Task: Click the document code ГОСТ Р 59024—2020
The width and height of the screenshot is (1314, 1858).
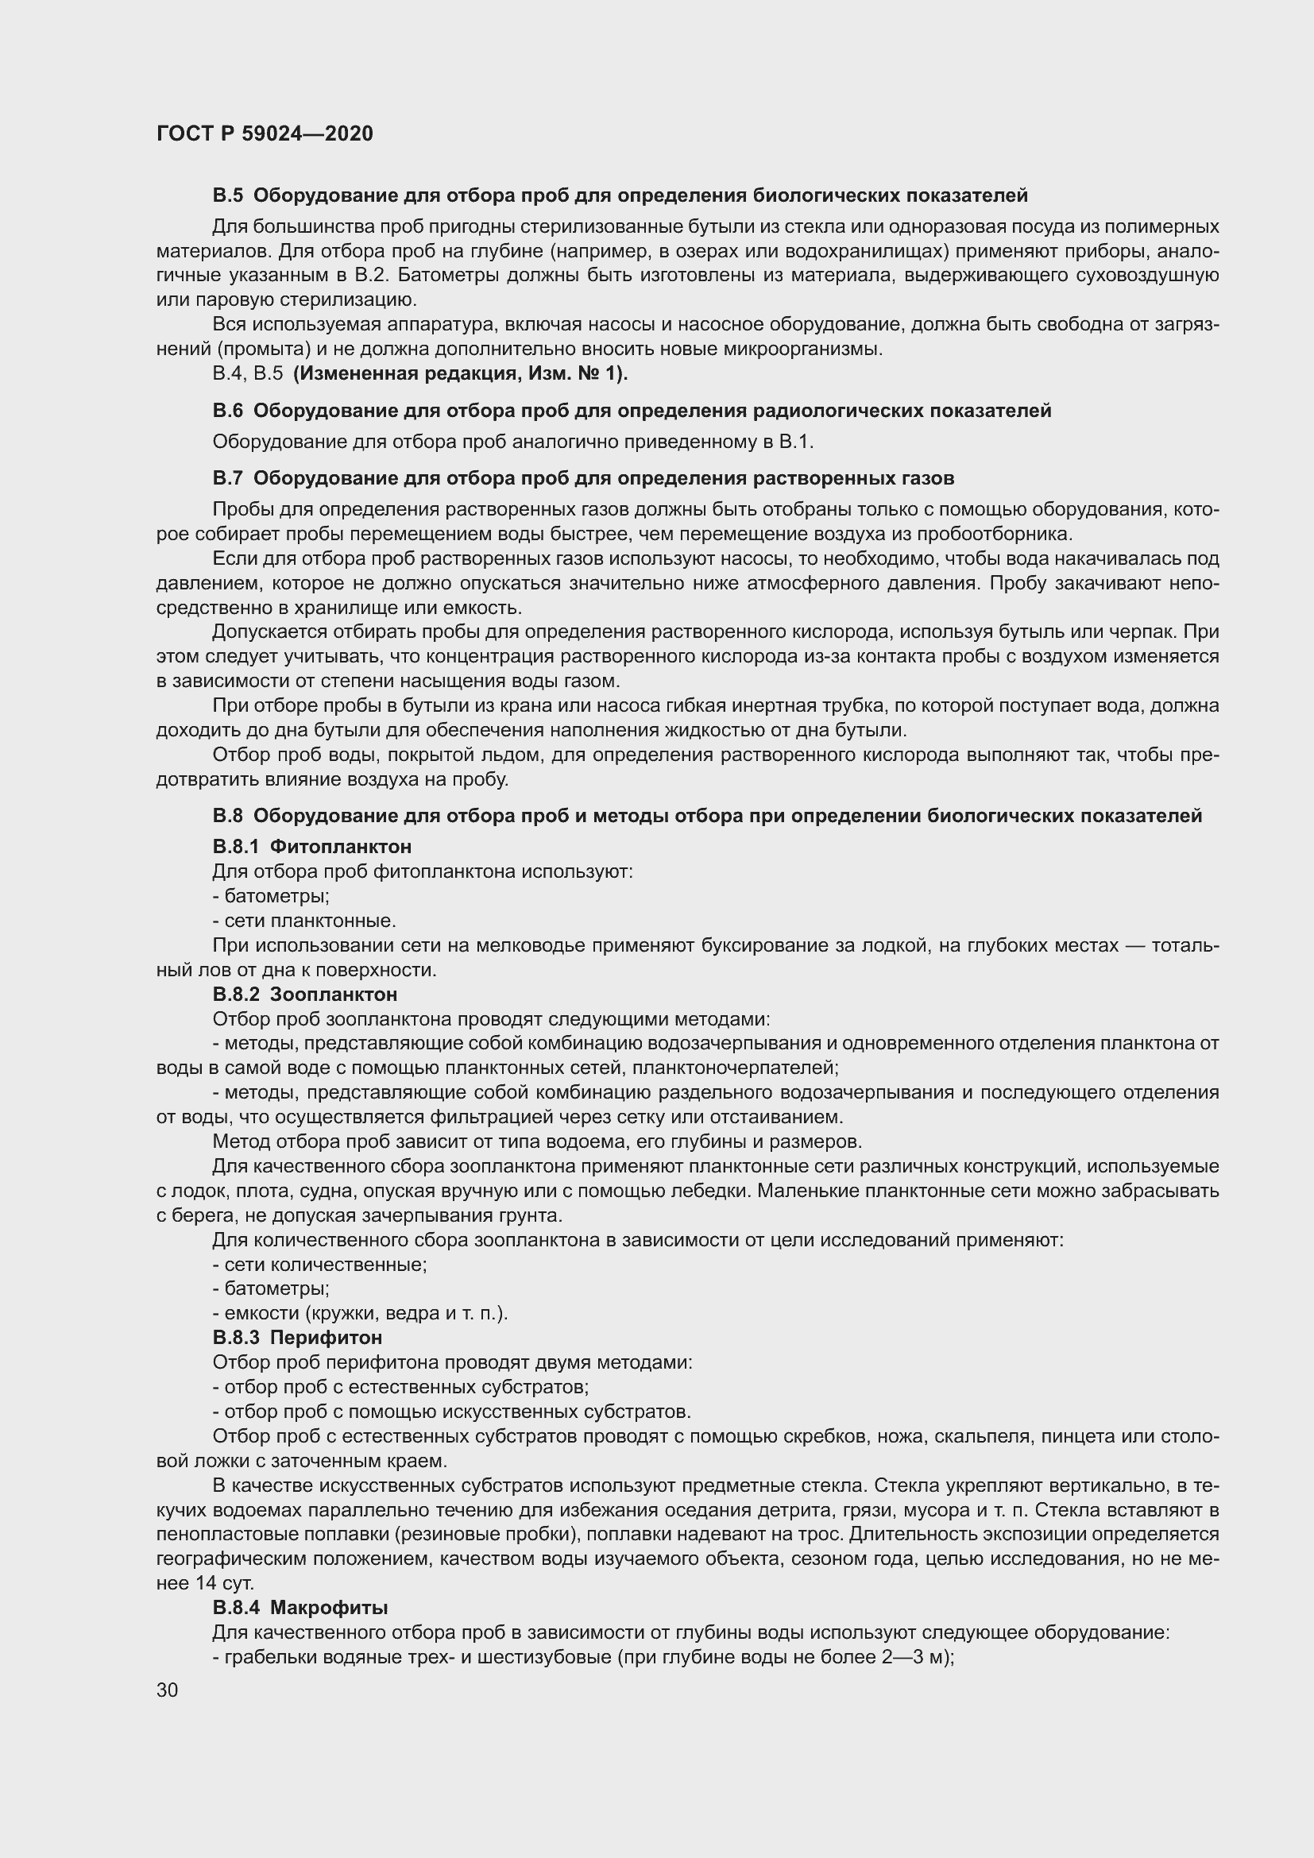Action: pyautogui.click(x=265, y=133)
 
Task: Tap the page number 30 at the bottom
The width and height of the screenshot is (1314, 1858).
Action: pyautogui.click(x=168, y=1690)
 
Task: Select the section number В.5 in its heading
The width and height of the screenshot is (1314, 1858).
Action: pyautogui.click(x=227, y=195)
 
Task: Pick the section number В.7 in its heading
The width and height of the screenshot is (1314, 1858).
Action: pyautogui.click(x=227, y=478)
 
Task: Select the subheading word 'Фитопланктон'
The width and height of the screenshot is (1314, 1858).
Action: pyautogui.click(x=341, y=847)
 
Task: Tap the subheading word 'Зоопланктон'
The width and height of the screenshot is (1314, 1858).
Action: pyautogui.click(x=334, y=994)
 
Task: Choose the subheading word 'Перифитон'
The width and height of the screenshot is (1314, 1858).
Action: pyautogui.click(x=326, y=1337)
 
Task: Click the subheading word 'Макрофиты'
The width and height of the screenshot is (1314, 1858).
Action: pyautogui.click(x=330, y=1607)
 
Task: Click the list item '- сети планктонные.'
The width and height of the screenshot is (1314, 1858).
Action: pyautogui.click(x=304, y=920)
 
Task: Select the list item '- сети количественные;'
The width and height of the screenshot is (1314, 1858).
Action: pyautogui.click(x=319, y=1264)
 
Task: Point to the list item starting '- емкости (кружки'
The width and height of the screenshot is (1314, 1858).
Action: pyautogui.click(x=360, y=1312)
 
